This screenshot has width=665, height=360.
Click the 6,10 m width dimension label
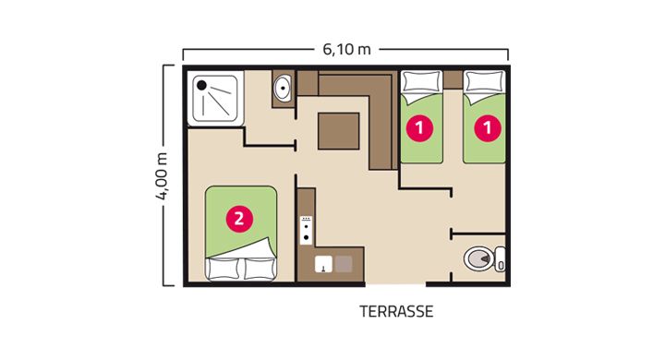[346, 50]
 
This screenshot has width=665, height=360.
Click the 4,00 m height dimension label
[162, 175]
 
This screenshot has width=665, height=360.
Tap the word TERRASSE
[396, 312]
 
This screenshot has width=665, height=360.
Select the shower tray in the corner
[215, 99]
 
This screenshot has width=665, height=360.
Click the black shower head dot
[202, 85]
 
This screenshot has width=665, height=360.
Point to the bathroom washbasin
[282, 88]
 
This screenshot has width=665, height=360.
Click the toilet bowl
[479, 258]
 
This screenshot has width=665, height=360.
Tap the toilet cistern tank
[501, 259]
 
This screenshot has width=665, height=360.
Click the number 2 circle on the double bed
[239, 219]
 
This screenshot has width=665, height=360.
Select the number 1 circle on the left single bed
[420, 127]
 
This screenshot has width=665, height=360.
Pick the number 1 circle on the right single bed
[488, 127]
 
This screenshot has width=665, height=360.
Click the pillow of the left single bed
[421, 82]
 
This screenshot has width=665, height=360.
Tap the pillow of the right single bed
[484, 82]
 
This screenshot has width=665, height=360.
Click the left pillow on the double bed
[224, 269]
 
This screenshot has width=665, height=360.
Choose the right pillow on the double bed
[260, 269]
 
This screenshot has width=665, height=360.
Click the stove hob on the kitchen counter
[307, 230]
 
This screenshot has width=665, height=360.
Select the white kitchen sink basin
[323, 264]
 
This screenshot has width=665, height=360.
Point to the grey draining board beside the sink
[344, 264]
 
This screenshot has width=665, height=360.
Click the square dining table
[339, 131]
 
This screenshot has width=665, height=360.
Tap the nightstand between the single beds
[453, 79]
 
